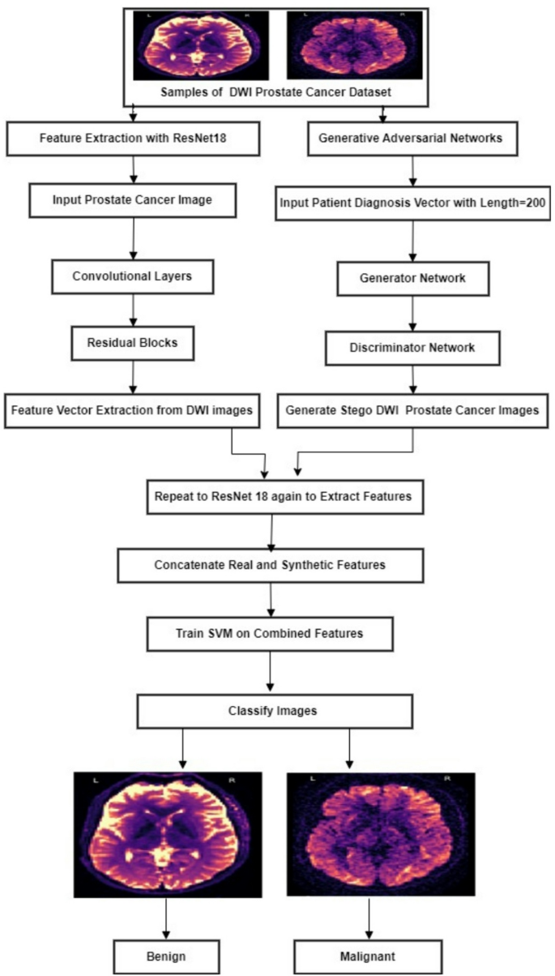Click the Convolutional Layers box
click(133, 276)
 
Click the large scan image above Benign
click(168, 834)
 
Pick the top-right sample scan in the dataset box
click(355, 45)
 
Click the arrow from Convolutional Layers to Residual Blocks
click(133, 309)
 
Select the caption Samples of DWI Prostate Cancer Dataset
click(276, 92)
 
